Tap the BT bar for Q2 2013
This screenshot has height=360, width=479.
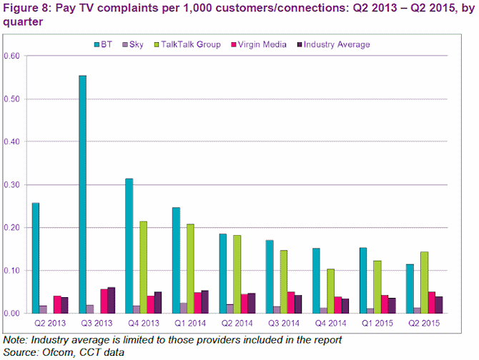(36, 258)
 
